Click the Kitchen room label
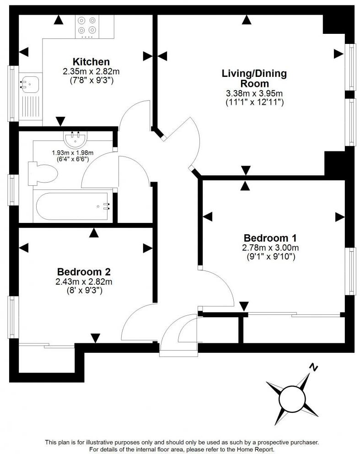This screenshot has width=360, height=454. click(x=91, y=62)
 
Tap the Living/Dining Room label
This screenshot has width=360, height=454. click(x=254, y=78)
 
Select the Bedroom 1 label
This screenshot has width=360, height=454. click(x=270, y=238)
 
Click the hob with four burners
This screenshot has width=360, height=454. click(x=87, y=26)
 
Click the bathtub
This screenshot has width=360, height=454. click(x=74, y=206)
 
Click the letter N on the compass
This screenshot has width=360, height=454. click(x=313, y=367)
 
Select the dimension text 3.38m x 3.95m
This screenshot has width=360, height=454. click(x=254, y=94)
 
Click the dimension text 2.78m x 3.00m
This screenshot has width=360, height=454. click(x=270, y=248)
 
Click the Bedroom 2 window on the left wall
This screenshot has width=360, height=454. click(x=12, y=317)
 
